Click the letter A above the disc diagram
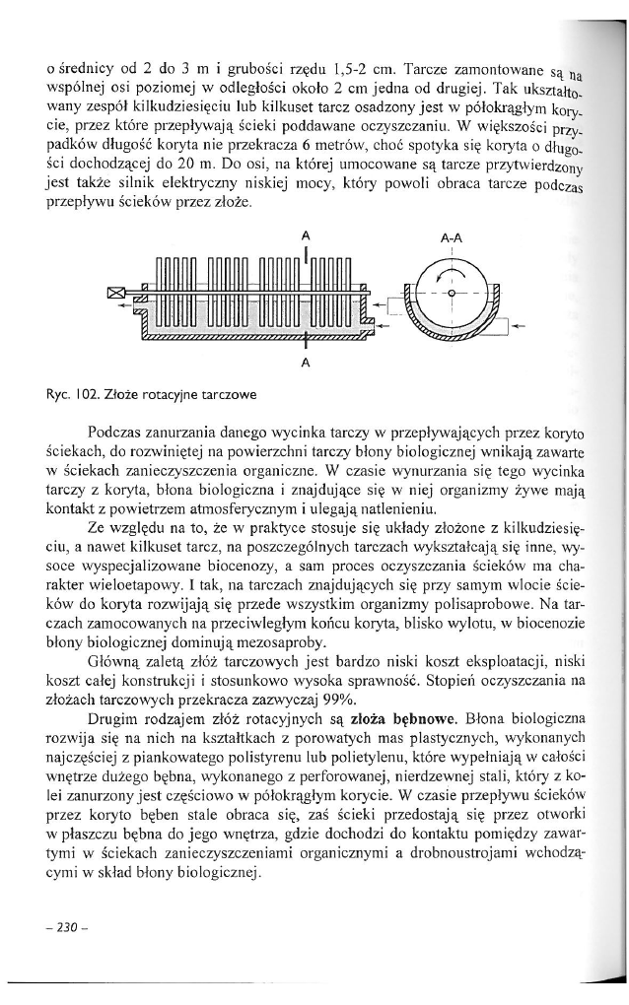(x=306, y=236)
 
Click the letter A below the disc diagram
(x=306, y=362)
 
